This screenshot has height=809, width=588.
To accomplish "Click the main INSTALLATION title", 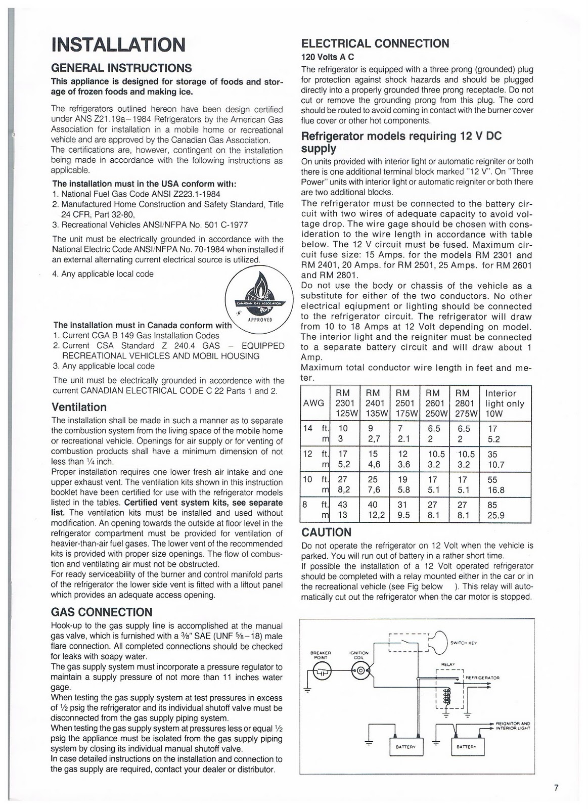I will tap(118, 44).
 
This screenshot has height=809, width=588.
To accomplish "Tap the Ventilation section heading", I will tap(79, 407).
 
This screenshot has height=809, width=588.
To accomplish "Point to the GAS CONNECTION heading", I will tap(102, 612).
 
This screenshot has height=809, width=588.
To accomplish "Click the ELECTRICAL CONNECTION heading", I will tap(375, 43).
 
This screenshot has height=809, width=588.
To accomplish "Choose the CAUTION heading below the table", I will tap(326, 532).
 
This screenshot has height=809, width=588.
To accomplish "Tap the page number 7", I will tap(556, 788).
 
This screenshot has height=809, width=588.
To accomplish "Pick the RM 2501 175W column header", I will tap(403, 403).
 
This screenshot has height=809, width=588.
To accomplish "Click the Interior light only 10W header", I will tap(505, 403).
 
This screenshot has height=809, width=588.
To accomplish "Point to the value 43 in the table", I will tap(342, 505).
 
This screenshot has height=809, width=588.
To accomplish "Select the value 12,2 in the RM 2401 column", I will tap(374, 515).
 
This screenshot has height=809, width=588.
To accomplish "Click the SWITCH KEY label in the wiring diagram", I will tap(464, 643).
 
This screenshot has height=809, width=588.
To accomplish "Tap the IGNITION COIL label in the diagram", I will tap(359, 655).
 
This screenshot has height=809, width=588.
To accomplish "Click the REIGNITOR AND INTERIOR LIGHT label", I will tap(513, 726).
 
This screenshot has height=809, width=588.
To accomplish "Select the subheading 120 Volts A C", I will tap(327, 57).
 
